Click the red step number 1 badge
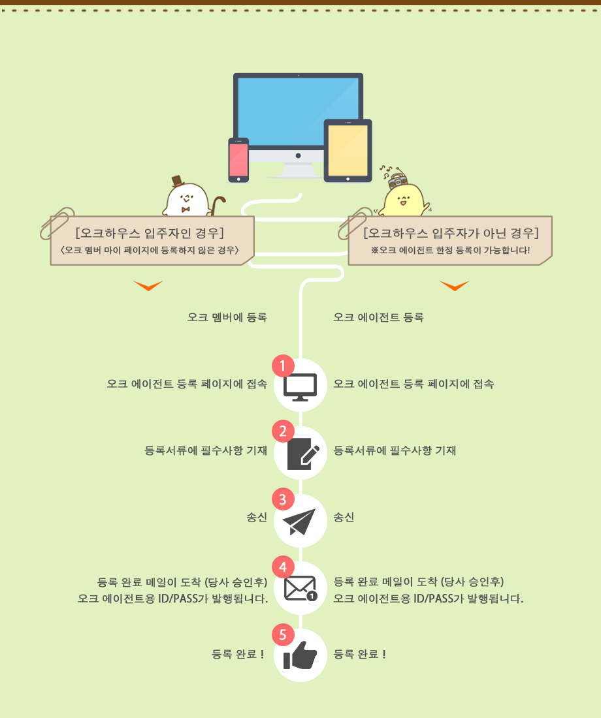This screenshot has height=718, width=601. [x=283, y=366]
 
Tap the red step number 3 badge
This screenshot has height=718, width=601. [x=283, y=500]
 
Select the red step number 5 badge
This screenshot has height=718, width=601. [x=283, y=634]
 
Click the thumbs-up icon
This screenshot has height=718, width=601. [x=300, y=656]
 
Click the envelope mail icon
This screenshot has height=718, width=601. [x=300, y=589]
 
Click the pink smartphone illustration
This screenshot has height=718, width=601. [x=238, y=159]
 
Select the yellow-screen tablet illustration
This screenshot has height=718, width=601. [x=348, y=150]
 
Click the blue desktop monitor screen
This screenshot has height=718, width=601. [x=298, y=111]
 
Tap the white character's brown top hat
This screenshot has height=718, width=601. [x=176, y=181]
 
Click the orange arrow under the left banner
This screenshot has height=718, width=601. [x=148, y=285]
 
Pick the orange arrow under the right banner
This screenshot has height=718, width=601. [x=454, y=285]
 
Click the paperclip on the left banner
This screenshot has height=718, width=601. [x=57, y=222]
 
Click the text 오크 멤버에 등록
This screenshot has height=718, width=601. [x=227, y=318]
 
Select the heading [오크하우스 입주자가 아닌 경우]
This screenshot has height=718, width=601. [x=451, y=234]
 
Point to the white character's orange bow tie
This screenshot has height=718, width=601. [x=186, y=210]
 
